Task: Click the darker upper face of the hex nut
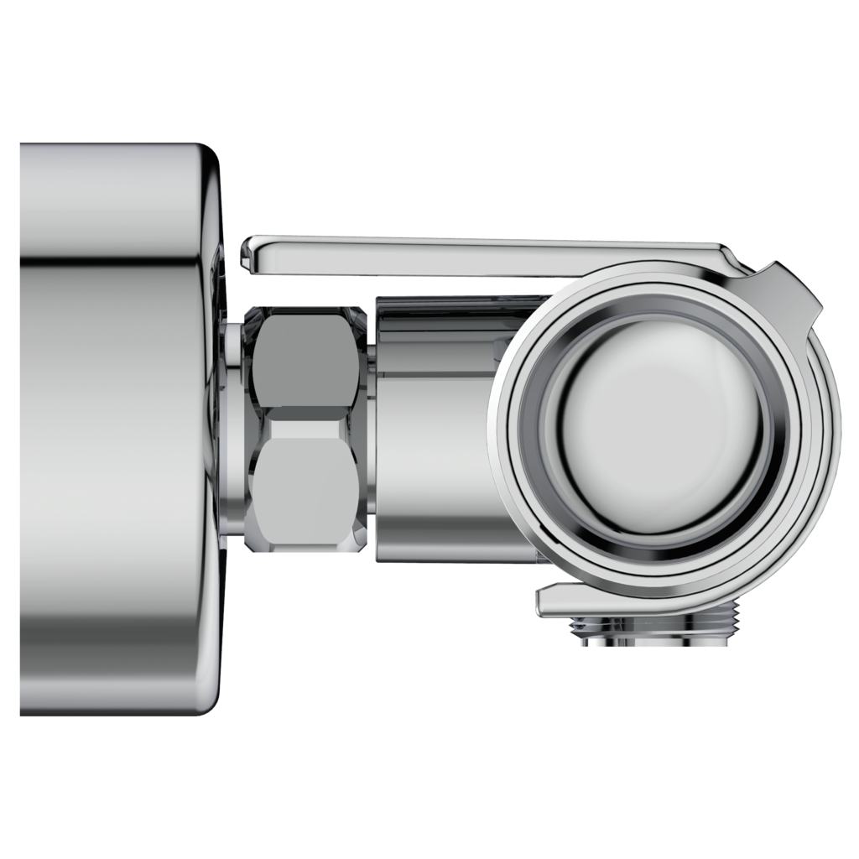[x=304, y=359]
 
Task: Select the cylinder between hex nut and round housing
[x=436, y=445]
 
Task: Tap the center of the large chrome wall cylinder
[x=113, y=428]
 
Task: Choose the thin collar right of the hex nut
[x=367, y=428]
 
